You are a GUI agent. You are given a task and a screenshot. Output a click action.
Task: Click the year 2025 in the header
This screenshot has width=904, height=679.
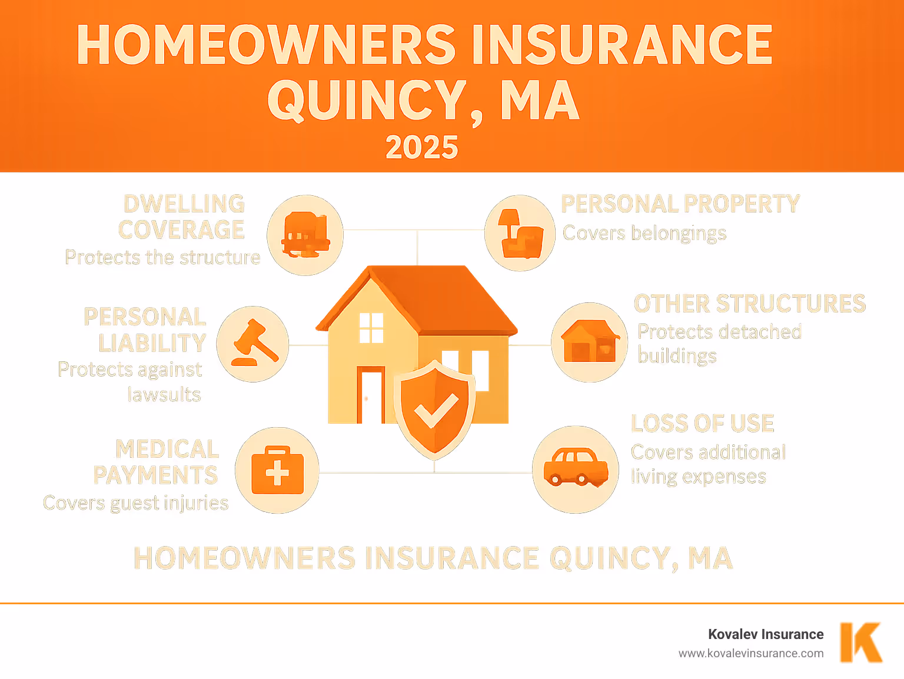point(421,147)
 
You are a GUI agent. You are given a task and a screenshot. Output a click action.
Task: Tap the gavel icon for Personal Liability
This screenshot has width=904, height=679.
point(254,344)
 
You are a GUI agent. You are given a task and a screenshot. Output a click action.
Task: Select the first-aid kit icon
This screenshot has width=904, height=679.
point(277,471)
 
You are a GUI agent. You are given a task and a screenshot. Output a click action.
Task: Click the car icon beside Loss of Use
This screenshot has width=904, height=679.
point(575,468)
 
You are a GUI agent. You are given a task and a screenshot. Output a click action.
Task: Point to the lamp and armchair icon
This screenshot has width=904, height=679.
point(519,234)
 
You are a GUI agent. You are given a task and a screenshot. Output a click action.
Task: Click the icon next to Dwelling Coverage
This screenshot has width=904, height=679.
point(305,235)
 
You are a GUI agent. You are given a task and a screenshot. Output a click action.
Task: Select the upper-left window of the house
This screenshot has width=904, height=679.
point(371,328)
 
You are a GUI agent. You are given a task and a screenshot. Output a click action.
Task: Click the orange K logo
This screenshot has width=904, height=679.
point(860,642)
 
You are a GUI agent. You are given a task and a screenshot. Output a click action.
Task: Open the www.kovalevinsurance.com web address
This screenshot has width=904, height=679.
point(750,653)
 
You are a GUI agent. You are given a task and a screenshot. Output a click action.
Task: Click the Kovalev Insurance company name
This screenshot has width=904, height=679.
point(765,634)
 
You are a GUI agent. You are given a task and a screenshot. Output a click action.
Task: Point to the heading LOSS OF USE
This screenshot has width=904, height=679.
point(702,423)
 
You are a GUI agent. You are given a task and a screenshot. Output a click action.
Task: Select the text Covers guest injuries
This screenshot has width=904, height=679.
point(136,503)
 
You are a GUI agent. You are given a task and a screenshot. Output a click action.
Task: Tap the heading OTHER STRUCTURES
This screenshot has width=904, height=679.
point(749,304)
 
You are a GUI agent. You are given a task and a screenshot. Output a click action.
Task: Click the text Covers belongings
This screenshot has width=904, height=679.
point(644,233)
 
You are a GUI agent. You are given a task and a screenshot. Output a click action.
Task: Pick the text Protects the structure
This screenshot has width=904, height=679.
point(162,257)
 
